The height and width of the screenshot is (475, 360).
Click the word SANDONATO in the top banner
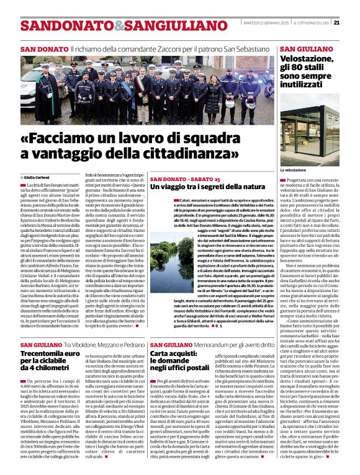(x=58, y=26)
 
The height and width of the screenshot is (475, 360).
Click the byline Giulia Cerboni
(x=39, y=177)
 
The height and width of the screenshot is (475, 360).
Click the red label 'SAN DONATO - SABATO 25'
(x=176, y=179)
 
